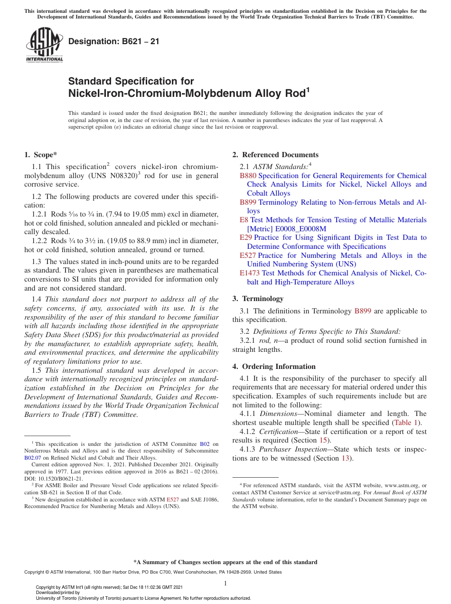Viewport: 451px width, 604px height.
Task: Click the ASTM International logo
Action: [44, 45]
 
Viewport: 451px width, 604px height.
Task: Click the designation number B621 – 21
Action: [114, 42]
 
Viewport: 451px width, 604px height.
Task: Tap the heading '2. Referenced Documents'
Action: [275, 155]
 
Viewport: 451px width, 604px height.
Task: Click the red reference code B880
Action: [248, 176]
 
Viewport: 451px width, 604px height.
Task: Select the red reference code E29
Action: [246, 238]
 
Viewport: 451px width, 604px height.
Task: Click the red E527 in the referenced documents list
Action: [248, 255]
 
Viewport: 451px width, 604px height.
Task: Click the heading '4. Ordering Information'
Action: [274, 367]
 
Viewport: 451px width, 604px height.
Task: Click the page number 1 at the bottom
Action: [225, 584]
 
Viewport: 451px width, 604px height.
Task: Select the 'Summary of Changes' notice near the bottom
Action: [225, 562]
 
